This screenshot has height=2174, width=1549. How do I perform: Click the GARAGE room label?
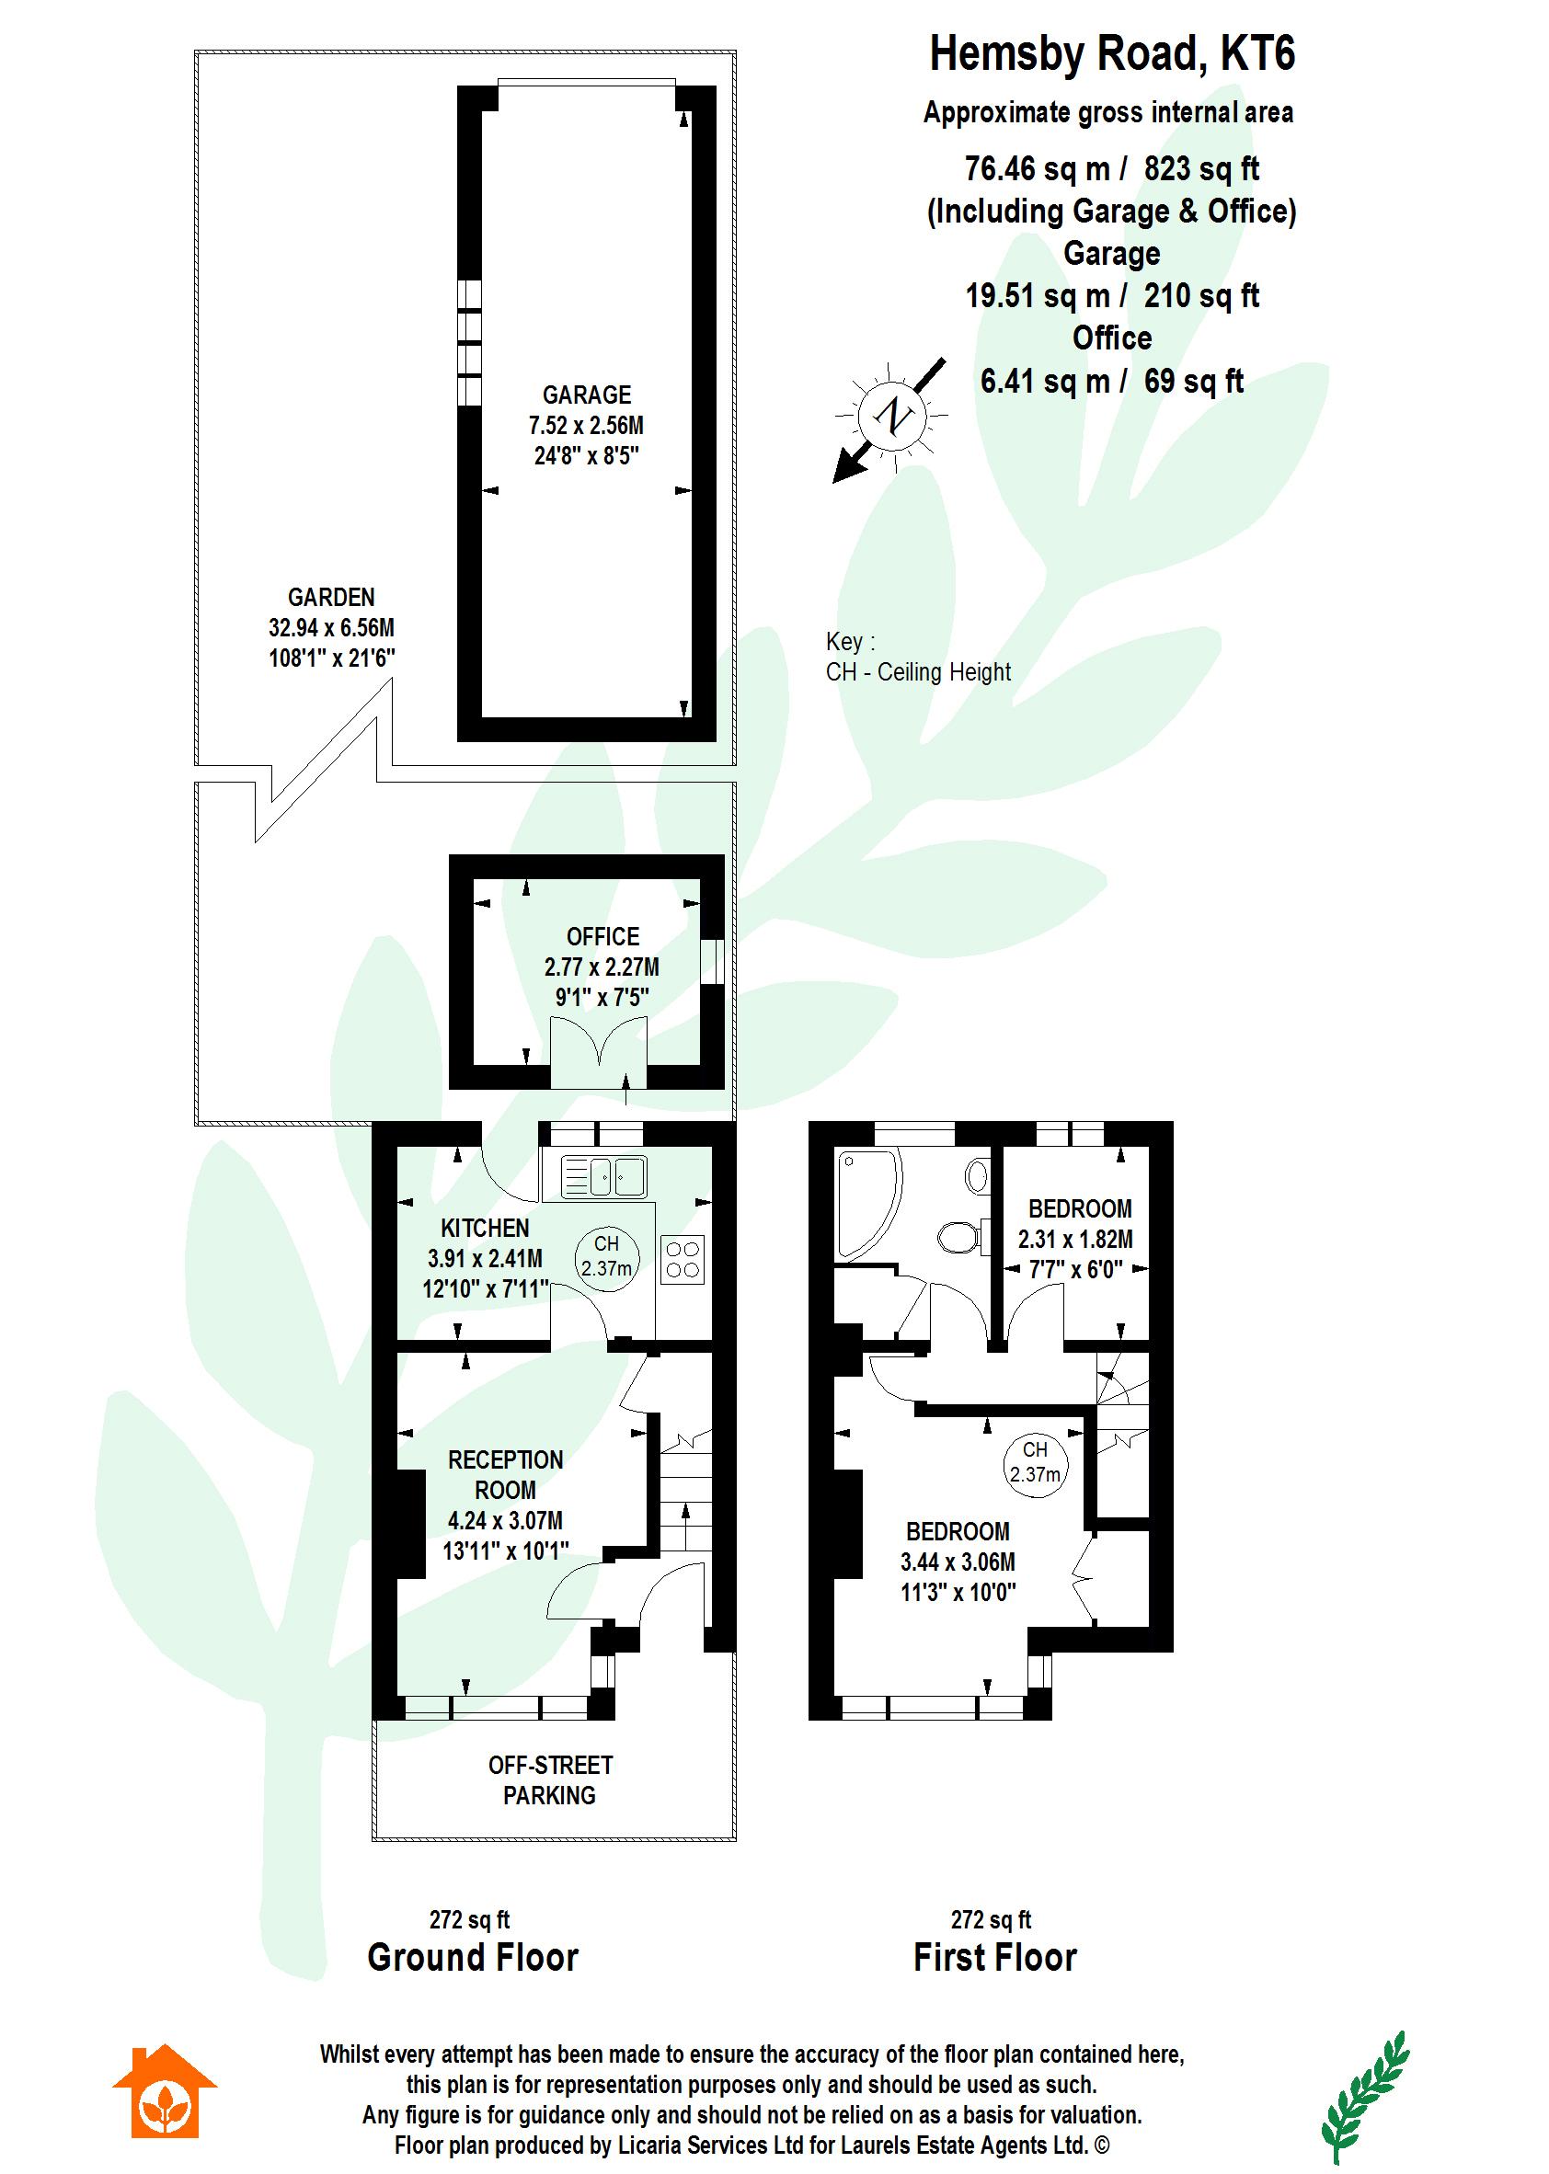click(x=587, y=395)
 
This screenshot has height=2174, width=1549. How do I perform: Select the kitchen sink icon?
click(x=602, y=1176)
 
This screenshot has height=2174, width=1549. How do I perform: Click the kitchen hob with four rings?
click(x=683, y=1259)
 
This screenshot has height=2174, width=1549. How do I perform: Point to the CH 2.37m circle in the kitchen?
click(x=606, y=1257)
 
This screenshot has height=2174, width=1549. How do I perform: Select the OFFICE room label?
click(x=602, y=936)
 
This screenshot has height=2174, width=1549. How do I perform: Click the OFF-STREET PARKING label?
click(x=550, y=1780)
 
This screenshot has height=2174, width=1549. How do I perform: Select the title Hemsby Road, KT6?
click(x=1112, y=54)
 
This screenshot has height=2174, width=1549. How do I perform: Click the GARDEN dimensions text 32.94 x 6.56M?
click(x=331, y=627)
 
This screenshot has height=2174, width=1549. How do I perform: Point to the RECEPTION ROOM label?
click(x=506, y=1474)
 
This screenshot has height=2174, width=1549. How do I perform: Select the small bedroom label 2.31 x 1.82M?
click(x=1075, y=1240)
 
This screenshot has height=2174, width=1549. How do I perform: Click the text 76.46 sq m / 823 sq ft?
click(x=1111, y=169)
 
